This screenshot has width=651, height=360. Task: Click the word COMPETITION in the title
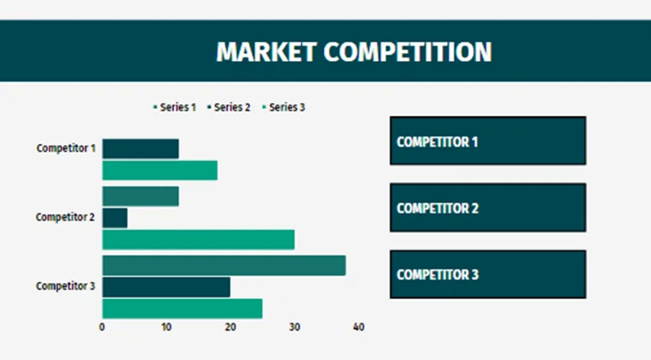pyautogui.click(x=409, y=51)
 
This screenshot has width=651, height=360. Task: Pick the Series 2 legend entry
pyautogui.click(x=229, y=107)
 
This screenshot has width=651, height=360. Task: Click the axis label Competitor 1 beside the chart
pyautogui.click(x=65, y=148)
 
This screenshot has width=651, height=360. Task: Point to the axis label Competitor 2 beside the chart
pyautogui.click(x=65, y=217)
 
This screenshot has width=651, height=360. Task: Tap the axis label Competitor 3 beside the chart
pyautogui.click(x=65, y=285)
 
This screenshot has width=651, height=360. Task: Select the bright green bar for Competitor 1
pyautogui.click(x=159, y=170)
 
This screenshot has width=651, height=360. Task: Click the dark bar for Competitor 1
pyautogui.click(x=140, y=148)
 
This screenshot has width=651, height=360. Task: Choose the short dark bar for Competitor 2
pyautogui.click(x=115, y=218)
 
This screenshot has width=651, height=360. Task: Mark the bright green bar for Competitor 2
pyautogui.click(x=198, y=239)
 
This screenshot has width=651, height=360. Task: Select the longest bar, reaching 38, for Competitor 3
pyautogui.click(x=224, y=266)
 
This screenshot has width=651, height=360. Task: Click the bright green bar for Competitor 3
pyautogui.click(x=182, y=309)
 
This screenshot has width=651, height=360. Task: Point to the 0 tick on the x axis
pyautogui.click(x=102, y=327)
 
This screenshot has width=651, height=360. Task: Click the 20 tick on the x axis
pyautogui.click(x=230, y=327)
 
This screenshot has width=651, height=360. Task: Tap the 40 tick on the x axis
pyautogui.click(x=359, y=327)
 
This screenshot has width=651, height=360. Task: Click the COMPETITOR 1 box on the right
pyautogui.click(x=487, y=141)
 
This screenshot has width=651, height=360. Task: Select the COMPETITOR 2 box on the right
pyautogui.click(x=487, y=207)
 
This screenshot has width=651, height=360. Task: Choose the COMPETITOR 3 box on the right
pyautogui.click(x=487, y=274)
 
